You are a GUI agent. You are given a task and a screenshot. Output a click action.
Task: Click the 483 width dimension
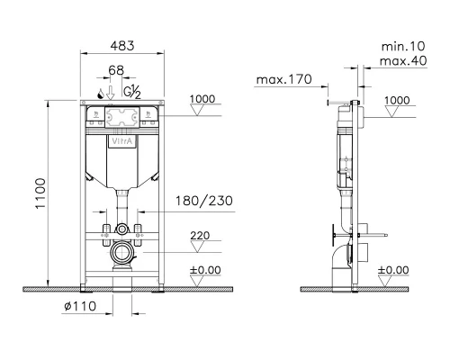point(122,46)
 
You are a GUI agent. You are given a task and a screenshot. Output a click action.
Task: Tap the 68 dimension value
point(116,70)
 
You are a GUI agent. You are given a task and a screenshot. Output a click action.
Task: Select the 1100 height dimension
point(40,193)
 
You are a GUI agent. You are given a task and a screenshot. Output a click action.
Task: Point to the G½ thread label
point(132,92)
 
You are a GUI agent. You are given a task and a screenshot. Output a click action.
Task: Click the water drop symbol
point(101,94)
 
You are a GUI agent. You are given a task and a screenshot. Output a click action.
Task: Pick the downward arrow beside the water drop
point(111,93)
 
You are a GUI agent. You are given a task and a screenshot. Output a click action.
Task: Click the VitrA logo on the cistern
point(122,141)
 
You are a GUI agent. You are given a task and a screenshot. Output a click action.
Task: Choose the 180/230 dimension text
point(204,201)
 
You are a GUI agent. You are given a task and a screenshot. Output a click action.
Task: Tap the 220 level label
point(200,236)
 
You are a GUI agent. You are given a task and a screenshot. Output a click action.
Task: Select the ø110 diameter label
point(80,306)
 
